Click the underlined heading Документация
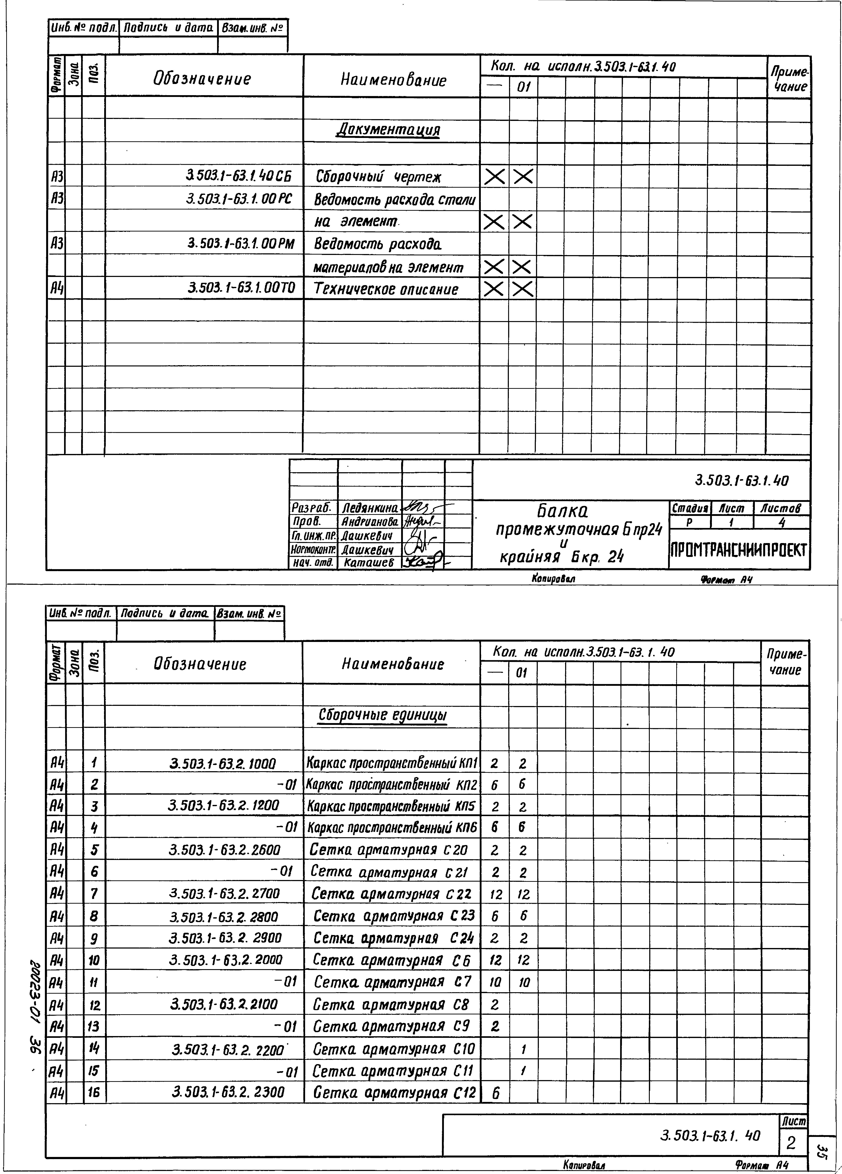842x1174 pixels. point(388,129)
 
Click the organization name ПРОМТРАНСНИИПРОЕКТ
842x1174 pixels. point(739,550)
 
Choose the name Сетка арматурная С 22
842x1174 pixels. point(392,894)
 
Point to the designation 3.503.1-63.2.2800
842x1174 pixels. point(224,917)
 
